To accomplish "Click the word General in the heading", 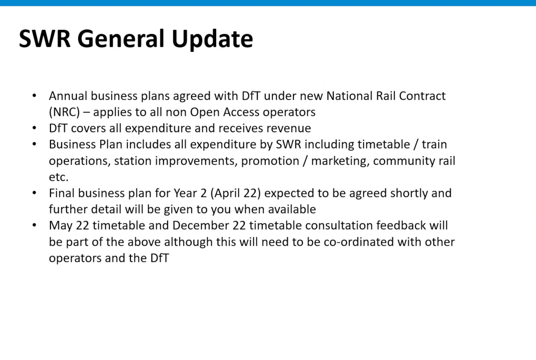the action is coord(121,38).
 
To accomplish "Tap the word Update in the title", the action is coord(212,39).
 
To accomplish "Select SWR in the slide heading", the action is coord(45,39).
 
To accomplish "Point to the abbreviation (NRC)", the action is coord(64,112).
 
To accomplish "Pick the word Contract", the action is coord(422,96).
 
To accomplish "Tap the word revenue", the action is coord(289,129).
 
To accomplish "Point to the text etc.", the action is coord(59,177).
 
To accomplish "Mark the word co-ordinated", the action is coord(359,242).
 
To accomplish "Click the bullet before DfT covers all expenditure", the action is coord(34,128).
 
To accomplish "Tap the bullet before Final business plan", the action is coord(34,193).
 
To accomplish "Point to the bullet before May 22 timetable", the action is coord(34,225).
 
